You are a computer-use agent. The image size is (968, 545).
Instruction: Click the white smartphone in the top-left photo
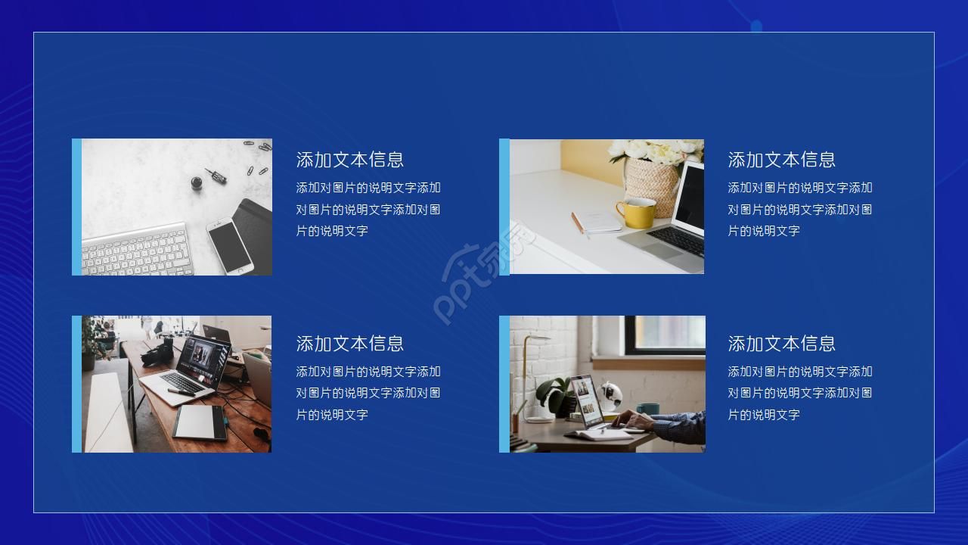coord(230,245)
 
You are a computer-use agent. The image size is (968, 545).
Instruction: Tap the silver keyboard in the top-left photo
coord(136,250)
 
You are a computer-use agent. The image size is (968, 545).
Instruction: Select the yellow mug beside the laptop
coord(636,213)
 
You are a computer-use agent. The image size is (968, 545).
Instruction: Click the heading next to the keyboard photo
coord(349,160)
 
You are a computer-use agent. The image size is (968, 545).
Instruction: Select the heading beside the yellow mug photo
coord(781,160)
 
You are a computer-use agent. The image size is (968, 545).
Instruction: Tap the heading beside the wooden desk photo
coord(349,344)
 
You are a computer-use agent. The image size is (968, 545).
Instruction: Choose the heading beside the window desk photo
coord(781,344)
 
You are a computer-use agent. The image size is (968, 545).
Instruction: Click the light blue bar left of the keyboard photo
coord(76,207)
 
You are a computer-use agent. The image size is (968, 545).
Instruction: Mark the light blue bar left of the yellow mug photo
coord(504,207)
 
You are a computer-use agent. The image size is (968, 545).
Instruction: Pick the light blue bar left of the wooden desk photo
coord(76,384)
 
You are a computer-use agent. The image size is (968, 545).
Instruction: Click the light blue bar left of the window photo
coord(504,384)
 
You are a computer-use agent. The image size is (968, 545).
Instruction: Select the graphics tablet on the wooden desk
coord(200,422)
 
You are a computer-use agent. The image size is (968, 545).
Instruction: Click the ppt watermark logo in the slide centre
coord(484,272)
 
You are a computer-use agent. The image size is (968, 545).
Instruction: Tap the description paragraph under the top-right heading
coord(799,210)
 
